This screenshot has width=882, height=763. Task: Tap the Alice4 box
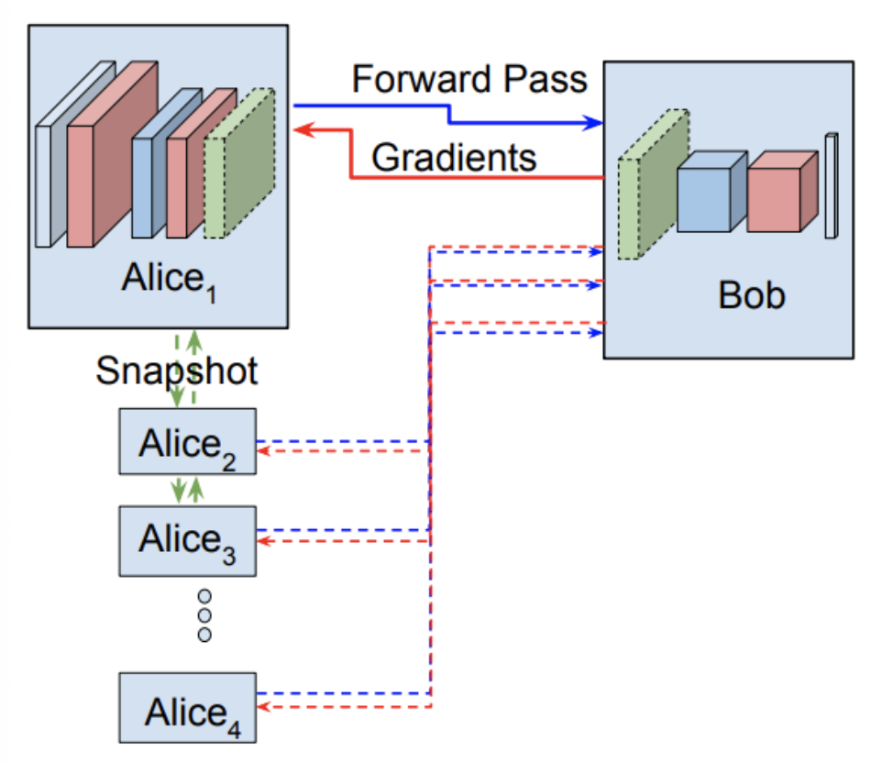pyautogui.click(x=188, y=708)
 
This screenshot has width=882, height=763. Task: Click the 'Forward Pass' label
pyautogui.click(x=469, y=80)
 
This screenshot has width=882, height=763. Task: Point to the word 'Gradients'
pyautogui.click(x=453, y=158)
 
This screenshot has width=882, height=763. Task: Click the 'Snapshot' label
pyautogui.click(x=176, y=372)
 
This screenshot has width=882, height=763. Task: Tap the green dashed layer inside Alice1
pyautogui.click(x=239, y=171)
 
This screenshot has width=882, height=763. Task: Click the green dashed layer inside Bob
pyautogui.click(x=652, y=189)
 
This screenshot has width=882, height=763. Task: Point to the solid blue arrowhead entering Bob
pyautogui.click(x=596, y=123)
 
